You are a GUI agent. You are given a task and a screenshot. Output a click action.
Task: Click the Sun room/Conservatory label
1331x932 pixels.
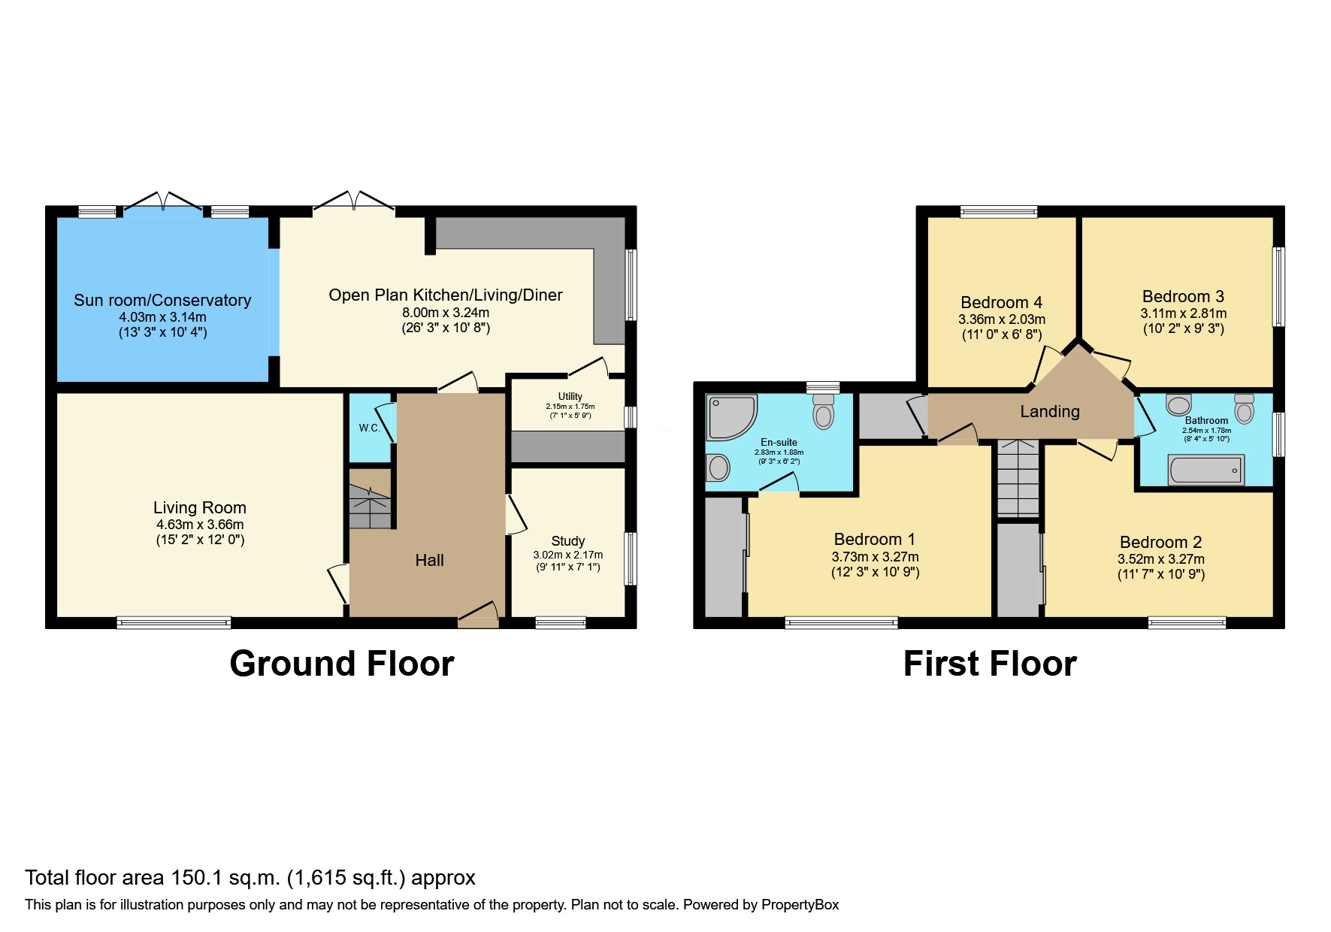(x=162, y=300)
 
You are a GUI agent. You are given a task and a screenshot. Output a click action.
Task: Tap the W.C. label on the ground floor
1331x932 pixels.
(x=369, y=428)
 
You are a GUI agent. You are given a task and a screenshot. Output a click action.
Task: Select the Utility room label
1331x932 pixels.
(x=570, y=396)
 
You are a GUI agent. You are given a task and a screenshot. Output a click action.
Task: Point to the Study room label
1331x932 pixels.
(x=568, y=541)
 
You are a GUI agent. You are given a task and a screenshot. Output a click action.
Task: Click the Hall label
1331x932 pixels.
(x=429, y=560)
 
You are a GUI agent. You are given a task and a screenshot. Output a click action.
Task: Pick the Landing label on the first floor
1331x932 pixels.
(x=1050, y=411)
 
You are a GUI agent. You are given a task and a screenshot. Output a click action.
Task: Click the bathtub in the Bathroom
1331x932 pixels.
(x=1205, y=470)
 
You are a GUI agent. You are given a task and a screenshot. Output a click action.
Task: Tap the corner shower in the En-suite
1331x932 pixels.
(x=731, y=417)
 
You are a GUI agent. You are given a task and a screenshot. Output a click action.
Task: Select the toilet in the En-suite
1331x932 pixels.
(x=824, y=411)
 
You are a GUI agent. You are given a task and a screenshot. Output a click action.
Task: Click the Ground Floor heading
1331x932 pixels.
(x=342, y=664)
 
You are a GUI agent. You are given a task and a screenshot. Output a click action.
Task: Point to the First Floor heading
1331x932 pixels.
(x=990, y=664)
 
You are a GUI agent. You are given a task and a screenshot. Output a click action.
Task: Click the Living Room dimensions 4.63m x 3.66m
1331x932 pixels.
(x=200, y=525)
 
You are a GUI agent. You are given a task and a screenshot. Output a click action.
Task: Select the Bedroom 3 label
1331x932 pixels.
(x=1183, y=296)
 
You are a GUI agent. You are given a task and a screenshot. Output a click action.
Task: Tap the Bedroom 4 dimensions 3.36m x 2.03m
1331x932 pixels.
(x=1002, y=319)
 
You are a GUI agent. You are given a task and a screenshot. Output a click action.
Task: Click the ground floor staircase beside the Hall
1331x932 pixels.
(x=371, y=498)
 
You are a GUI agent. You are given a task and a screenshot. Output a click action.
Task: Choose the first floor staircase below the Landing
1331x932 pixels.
(x=1018, y=478)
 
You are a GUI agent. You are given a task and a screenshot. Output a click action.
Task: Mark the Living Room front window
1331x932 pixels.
(x=174, y=622)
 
